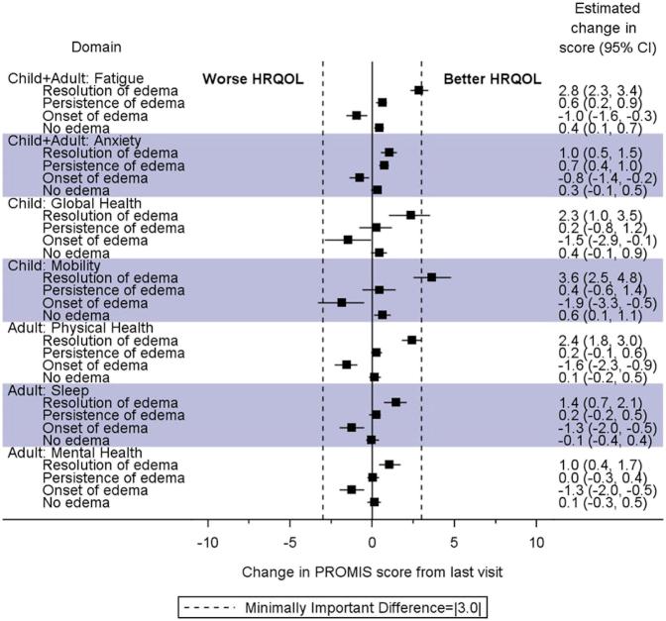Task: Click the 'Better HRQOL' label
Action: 486,78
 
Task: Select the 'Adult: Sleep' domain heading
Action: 47,390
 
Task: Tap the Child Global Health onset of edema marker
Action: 348,240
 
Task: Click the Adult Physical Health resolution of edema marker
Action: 411,340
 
